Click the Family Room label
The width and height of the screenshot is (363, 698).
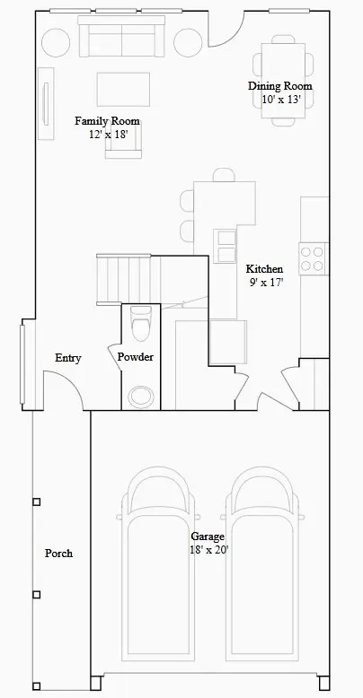(x=107, y=120)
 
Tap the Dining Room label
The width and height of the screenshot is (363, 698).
(x=280, y=86)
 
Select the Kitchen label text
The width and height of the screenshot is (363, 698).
(x=264, y=268)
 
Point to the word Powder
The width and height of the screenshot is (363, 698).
(x=136, y=357)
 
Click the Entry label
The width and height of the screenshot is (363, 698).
(x=68, y=358)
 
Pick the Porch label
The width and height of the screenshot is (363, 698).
(x=58, y=554)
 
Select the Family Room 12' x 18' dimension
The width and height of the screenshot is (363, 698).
(x=108, y=134)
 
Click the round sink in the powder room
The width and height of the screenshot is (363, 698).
(x=140, y=394)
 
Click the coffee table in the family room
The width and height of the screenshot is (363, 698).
(x=123, y=87)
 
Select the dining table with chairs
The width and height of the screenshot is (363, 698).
(x=283, y=62)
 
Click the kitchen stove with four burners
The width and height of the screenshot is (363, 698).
(x=312, y=258)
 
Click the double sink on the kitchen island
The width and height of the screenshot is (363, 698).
(x=225, y=241)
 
